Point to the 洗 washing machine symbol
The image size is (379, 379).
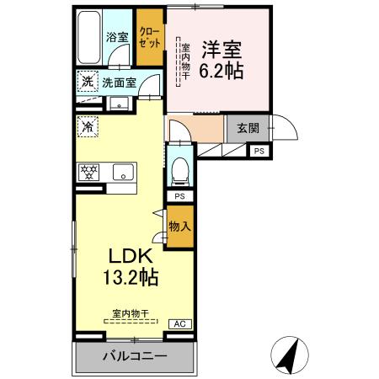87,82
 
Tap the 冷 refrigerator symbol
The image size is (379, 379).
88,127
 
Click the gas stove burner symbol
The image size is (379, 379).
88,171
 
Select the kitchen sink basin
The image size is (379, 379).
124,172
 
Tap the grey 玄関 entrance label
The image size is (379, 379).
247,128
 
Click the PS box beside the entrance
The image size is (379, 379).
259,151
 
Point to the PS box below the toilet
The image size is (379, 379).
179,195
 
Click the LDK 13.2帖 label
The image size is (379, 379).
128,265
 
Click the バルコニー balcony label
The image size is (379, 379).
135,355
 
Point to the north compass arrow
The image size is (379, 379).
288,355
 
